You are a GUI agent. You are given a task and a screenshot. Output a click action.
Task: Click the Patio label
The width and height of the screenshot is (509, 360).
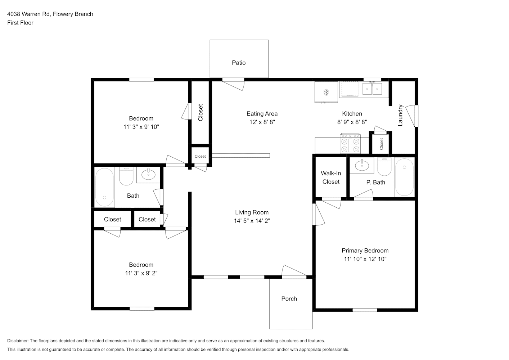(x=239, y=63)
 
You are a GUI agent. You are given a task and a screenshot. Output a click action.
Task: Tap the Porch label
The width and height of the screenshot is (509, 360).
(x=289, y=299)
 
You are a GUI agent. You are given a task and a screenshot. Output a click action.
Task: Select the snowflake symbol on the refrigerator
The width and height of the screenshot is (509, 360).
(x=326, y=92)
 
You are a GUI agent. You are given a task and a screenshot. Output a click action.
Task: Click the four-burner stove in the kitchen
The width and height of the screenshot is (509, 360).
(x=350, y=143)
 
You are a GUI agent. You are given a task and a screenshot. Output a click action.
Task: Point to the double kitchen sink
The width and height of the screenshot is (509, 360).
(x=372, y=89)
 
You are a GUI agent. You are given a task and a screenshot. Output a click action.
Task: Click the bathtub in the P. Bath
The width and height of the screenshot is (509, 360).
(x=404, y=177)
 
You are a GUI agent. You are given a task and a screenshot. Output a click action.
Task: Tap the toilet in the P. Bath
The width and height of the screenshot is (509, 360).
(x=384, y=167)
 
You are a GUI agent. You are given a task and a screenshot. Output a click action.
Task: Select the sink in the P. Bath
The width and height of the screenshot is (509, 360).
(x=362, y=165)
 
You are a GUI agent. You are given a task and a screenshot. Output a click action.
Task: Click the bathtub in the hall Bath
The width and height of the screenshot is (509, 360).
(x=104, y=187)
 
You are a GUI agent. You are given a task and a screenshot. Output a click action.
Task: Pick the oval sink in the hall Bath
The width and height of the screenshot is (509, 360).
(x=148, y=174)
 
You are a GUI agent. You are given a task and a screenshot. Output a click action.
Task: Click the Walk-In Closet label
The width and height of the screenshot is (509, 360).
(x=331, y=177)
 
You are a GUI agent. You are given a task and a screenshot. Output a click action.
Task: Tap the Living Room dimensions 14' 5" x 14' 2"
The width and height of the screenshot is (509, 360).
(x=252, y=221)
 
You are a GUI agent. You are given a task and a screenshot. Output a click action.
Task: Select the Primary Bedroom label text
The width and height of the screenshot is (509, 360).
(x=365, y=251)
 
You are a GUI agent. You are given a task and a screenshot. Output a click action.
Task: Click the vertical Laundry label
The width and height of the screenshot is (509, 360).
(x=400, y=115)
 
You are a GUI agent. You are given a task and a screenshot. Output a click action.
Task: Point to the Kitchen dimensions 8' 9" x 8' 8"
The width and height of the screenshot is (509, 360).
(x=352, y=122)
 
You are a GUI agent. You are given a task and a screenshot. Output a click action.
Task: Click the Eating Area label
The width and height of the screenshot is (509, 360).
(x=262, y=114)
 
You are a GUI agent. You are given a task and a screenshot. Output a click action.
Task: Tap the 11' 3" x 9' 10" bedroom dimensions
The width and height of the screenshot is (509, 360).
(x=141, y=127)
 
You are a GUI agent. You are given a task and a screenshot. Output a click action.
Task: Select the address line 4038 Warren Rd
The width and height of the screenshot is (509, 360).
(x=28, y=14)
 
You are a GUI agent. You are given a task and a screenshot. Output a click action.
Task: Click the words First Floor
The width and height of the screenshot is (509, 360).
(x=20, y=23)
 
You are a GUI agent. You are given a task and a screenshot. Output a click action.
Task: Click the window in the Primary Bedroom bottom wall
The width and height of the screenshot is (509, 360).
(x=365, y=310)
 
